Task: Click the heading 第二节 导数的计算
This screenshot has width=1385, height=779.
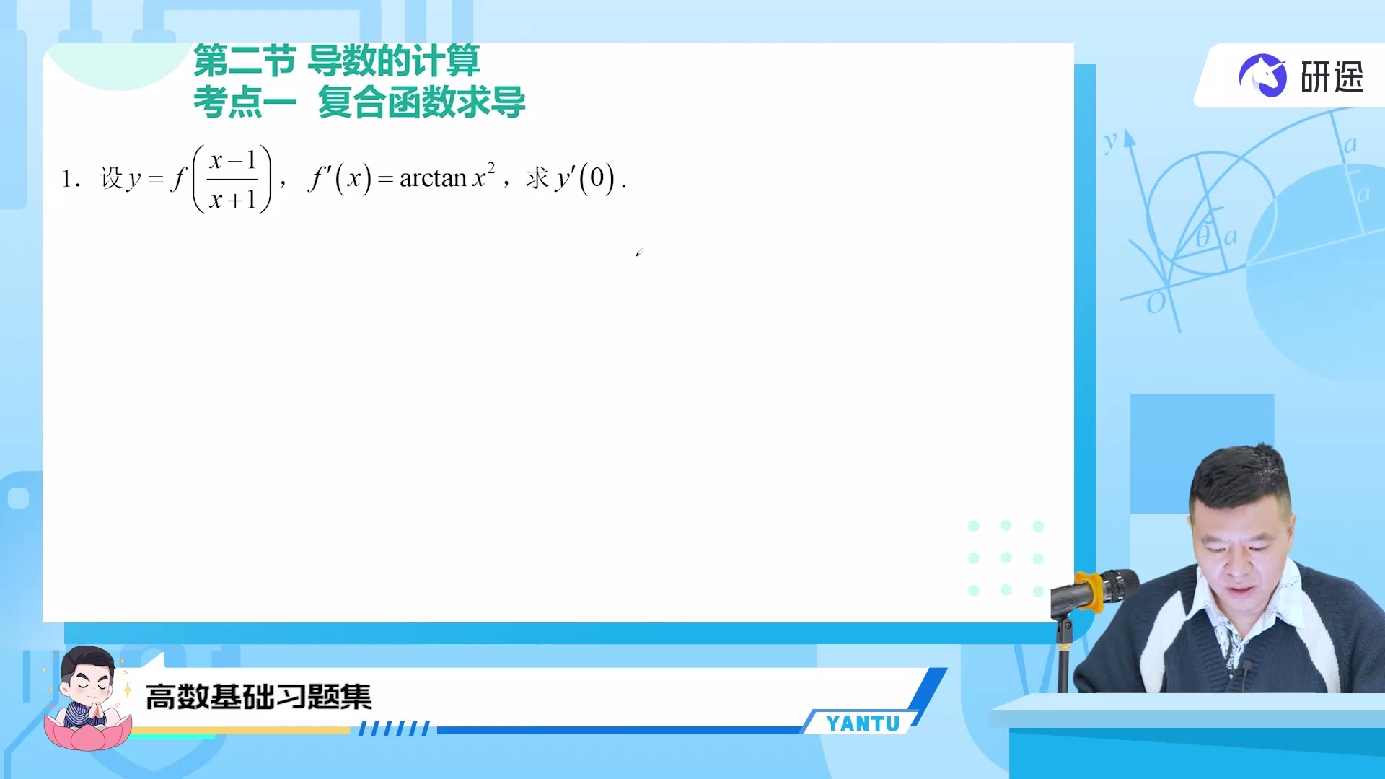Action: pos(336,61)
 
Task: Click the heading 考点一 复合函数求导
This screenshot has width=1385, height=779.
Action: pos(359,102)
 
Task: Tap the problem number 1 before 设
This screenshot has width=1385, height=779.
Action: pos(67,179)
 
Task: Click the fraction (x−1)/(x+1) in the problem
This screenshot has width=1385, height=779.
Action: pos(232,179)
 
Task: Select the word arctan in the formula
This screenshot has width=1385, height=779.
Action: pos(433,178)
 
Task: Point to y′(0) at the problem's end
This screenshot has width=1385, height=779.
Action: pos(585,178)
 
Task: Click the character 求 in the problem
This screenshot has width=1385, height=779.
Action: pos(537,178)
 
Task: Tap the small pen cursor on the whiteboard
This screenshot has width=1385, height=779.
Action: pos(639,252)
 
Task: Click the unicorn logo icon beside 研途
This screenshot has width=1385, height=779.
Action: pos(1262,76)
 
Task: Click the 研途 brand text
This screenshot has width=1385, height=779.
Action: pos(1332,77)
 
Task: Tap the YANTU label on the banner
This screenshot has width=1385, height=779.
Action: pos(863,723)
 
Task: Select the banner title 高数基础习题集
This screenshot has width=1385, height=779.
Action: pos(258,697)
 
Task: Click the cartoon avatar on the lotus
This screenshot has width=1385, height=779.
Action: pos(88,697)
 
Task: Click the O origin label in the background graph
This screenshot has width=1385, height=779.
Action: pos(1155,304)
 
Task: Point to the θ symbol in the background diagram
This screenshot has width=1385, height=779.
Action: pos(1202,237)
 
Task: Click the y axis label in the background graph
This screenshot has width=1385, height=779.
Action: pos(1110,141)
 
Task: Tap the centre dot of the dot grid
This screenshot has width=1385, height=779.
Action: pos(1006,558)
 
